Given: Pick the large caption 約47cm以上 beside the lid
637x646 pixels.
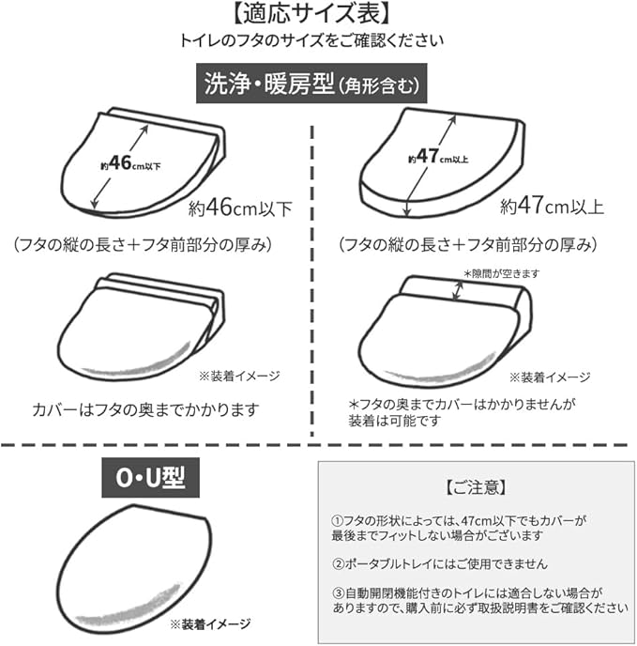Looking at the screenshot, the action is (x=552, y=206).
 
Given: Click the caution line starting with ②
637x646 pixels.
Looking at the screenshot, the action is (x=439, y=563).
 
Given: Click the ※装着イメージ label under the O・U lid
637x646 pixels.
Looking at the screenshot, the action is (x=209, y=623).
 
